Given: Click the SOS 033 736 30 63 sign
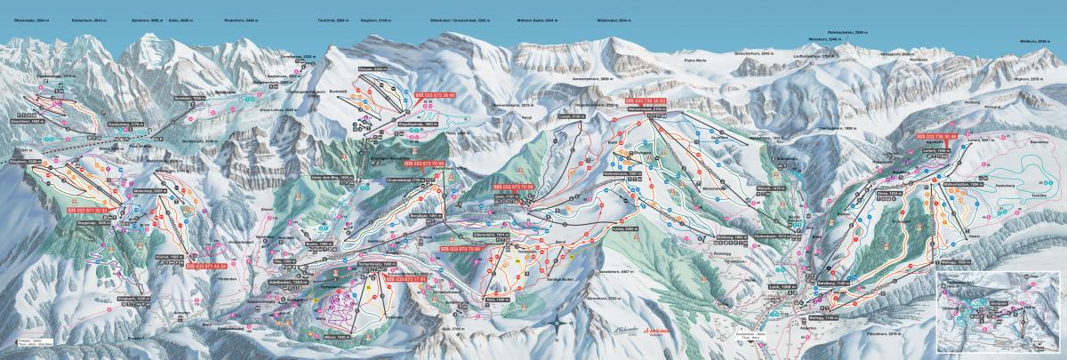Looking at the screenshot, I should pyautogui.click(x=652, y=102).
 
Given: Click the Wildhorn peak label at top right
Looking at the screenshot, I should pyautogui.click(x=1035, y=43).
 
